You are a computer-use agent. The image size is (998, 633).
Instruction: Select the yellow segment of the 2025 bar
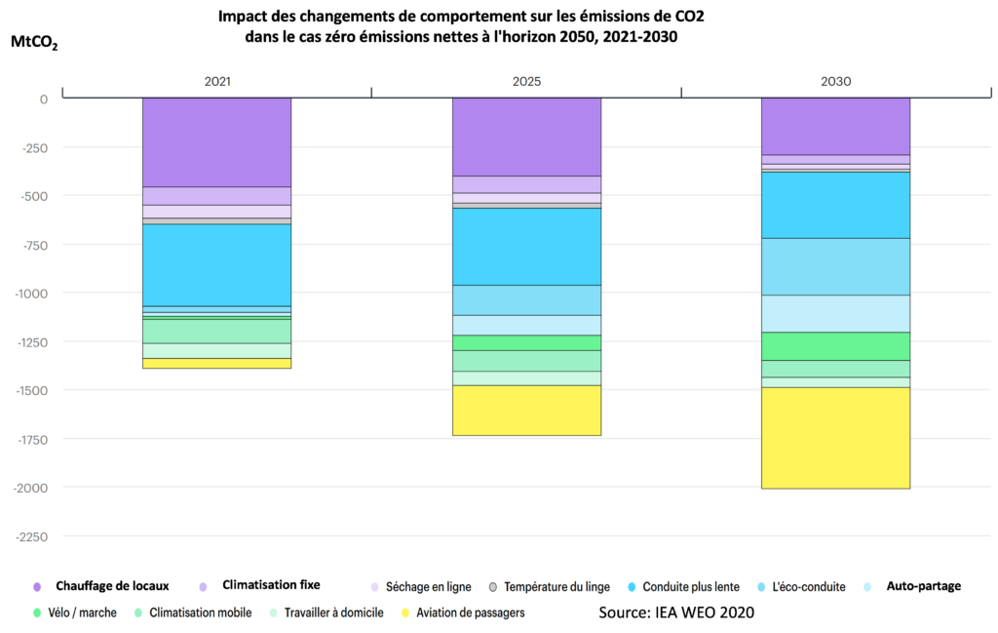[x=526, y=410]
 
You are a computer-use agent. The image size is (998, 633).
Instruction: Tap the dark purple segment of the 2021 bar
[x=216, y=142]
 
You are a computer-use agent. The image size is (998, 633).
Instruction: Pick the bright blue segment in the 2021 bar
[x=216, y=264]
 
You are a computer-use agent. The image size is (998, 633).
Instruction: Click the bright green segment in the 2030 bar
[x=835, y=346]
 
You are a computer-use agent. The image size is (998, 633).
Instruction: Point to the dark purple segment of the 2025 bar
[x=526, y=137]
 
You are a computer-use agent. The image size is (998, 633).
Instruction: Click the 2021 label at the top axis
[x=217, y=82]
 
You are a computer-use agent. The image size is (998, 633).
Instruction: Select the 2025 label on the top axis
[x=526, y=82]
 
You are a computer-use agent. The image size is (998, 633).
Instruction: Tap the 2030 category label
[x=835, y=82]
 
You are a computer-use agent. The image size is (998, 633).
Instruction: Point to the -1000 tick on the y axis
[x=31, y=293]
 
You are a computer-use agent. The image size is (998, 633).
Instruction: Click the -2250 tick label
[x=31, y=535]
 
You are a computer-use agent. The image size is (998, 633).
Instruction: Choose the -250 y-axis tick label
[x=33, y=147]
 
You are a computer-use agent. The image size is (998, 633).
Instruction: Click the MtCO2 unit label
[x=34, y=43]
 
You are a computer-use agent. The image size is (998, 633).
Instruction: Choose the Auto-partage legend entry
[x=923, y=586]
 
